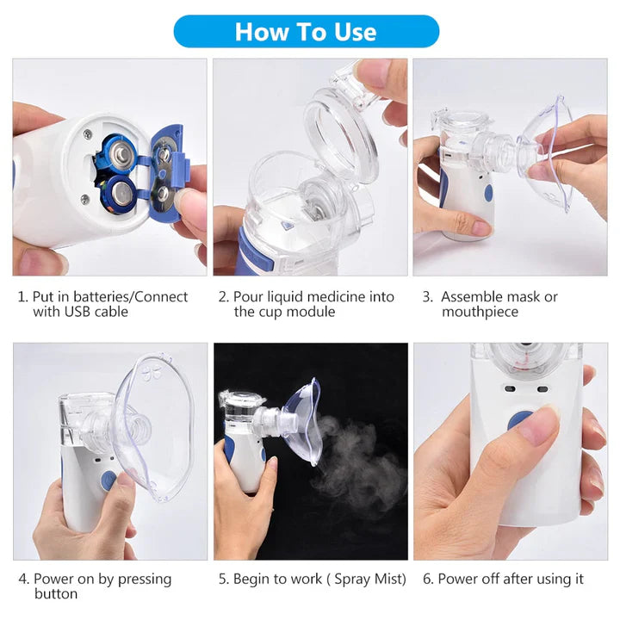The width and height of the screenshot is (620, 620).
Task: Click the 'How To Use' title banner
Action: [x=306, y=32]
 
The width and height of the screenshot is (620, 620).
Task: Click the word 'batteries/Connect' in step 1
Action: [x=131, y=297]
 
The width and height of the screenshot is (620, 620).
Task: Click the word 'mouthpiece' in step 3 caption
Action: [x=480, y=312]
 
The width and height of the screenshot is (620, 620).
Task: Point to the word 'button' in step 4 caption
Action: [x=56, y=594]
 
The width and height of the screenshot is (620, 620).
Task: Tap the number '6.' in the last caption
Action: [x=428, y=580]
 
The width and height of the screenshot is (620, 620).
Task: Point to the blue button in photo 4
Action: [x=108, y=481]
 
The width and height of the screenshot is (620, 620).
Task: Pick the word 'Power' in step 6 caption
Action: [x=458, y=580]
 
